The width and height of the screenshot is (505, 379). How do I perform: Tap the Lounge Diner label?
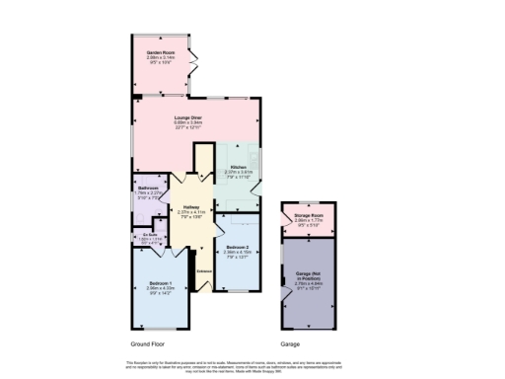[x=188, y=117]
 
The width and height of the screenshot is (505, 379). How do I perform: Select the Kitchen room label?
[x=238, y=168]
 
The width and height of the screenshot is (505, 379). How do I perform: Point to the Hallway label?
[x=190, y=205]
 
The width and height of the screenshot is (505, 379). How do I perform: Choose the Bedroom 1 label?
[x=161, y=283]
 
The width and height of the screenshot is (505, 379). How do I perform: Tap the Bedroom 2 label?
[x=238, y=248]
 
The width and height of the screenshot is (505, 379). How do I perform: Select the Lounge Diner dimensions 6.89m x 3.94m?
[x=188, y=123]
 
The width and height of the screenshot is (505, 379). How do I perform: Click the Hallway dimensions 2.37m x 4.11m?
[x=190, y=211]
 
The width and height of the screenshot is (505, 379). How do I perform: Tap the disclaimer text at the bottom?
[x=252, y=365]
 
